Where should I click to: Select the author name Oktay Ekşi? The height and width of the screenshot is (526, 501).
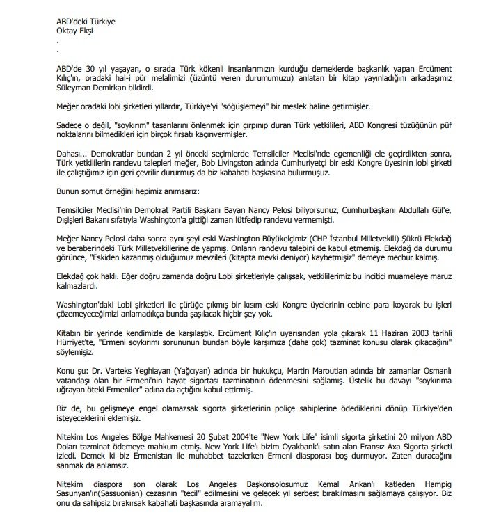point(77,31)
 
